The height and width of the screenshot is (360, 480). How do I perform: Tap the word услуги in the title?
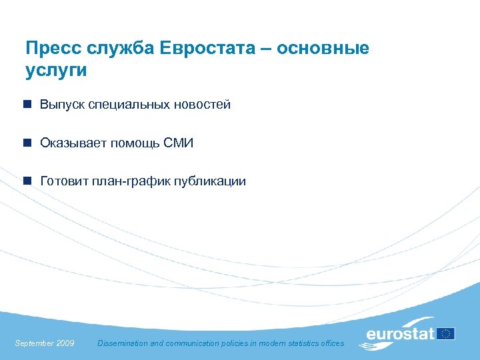coord(56,70)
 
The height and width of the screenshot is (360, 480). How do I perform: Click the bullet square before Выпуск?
coord(27,105)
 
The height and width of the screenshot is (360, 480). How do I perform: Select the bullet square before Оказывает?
coord(27,143)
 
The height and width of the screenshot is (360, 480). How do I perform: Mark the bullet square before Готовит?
coord(27,181)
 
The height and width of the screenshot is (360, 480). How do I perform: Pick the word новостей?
coord(203,105)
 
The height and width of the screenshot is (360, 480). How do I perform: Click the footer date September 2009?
coord(44,343)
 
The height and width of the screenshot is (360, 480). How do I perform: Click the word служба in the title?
coord(122,49)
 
